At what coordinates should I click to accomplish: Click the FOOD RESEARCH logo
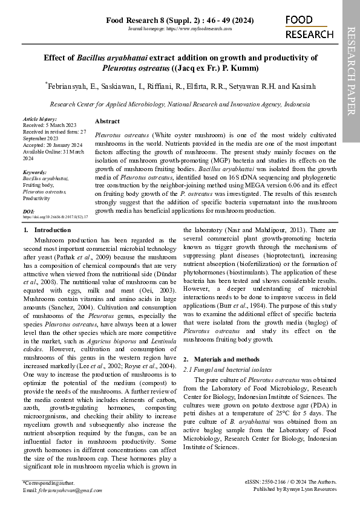(309, 27)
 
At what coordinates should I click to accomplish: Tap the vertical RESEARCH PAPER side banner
(351, 70)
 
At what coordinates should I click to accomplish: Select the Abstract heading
(107, 122)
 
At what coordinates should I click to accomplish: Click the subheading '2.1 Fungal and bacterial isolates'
(227, 369)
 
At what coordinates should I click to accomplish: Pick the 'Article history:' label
(39, 120)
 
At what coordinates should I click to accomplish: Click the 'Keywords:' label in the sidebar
(34, 172)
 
